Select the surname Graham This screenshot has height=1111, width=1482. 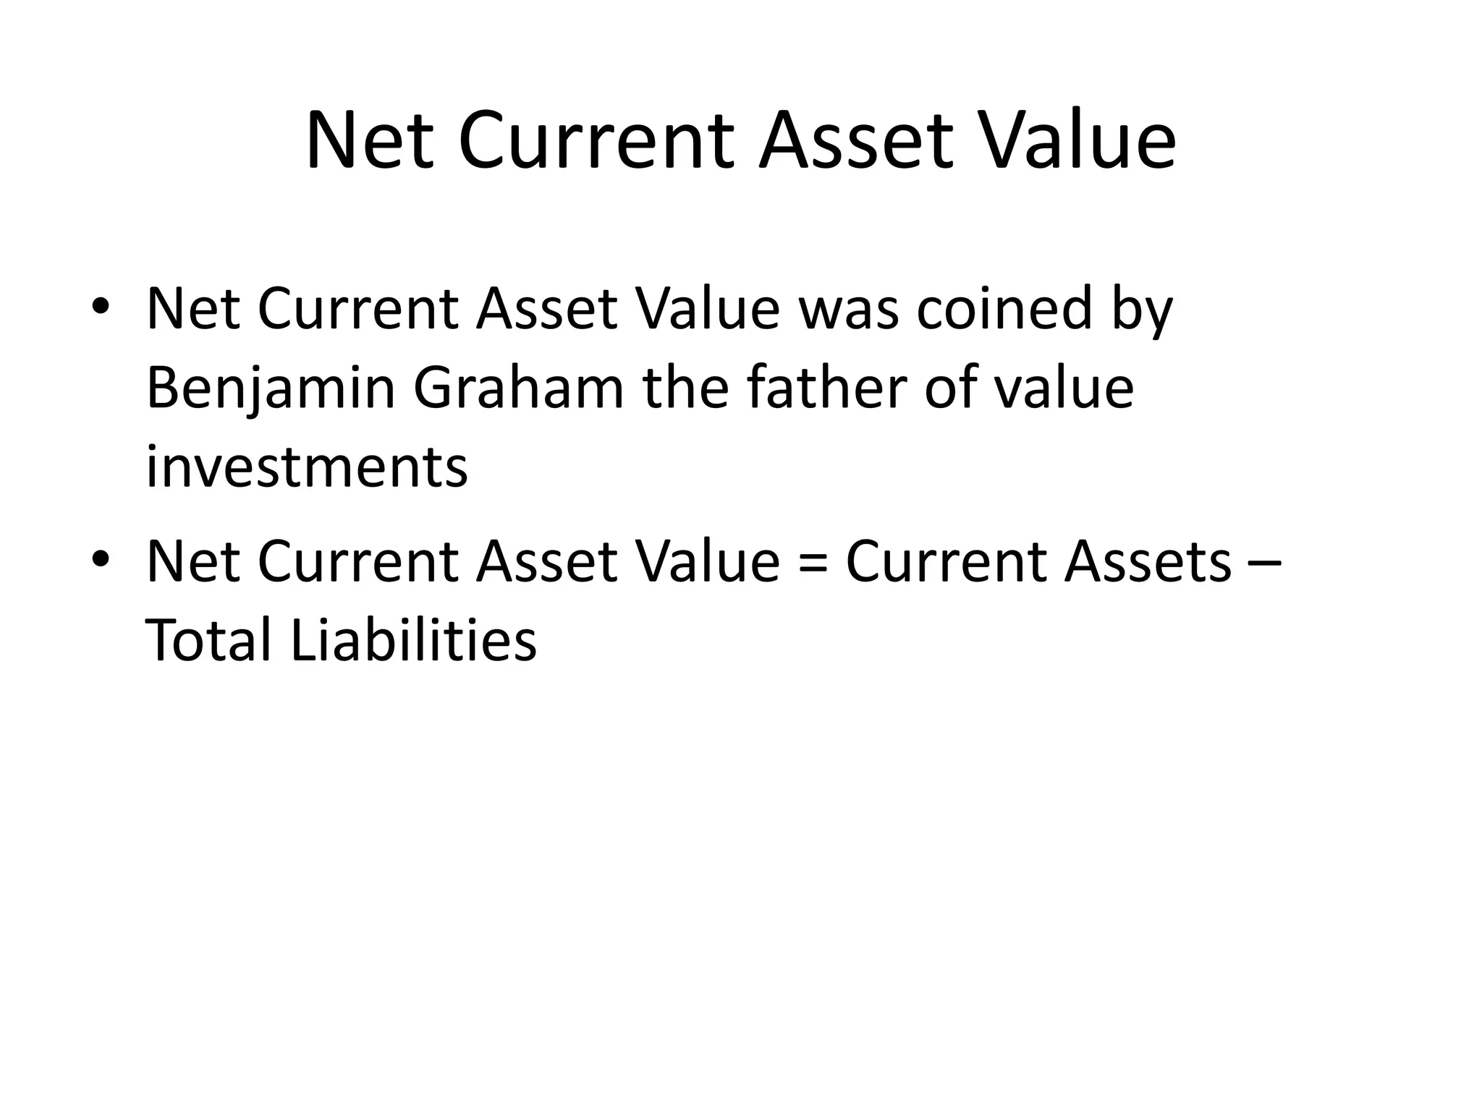[518, 388]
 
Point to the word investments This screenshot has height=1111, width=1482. [307, 467]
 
